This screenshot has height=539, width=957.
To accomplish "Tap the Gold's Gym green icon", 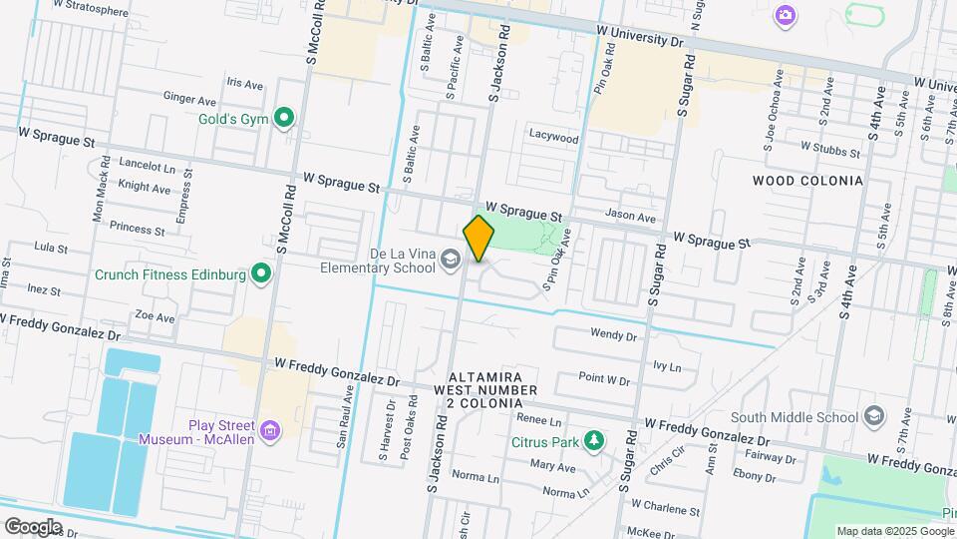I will [x=284, y=119].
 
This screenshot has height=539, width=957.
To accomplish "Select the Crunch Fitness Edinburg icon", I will [x=261, y=273].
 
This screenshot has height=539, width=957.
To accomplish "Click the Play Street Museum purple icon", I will [x=268, y=431].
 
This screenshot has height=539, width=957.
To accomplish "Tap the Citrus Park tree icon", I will [x=594, y=440].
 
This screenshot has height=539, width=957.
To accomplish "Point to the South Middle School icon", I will [x=874, y=416].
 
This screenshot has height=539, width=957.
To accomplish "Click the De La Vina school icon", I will [x=451, y=262].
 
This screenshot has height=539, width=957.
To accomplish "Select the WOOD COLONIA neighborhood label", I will [x=807, y=181].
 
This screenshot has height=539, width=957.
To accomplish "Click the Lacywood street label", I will [x=553, y=137].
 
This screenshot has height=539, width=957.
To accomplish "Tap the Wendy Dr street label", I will [x=612, y=334].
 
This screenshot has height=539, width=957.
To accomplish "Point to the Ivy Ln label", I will [x=667, y=366].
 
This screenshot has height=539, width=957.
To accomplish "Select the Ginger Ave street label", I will [x=189, y=100].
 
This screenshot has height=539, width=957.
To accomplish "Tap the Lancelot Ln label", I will [x=147, y=164].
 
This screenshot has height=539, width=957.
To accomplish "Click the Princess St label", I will [x=137, y=227].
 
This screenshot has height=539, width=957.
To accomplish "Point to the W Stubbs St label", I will [x=829, y=152].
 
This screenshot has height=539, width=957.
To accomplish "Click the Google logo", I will [x=33, y=526].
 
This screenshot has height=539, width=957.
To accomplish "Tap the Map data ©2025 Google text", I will [x=894, y=531].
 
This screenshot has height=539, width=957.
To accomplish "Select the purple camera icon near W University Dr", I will [x=786, y=15].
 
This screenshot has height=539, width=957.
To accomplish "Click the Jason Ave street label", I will [x=631, y=217].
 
